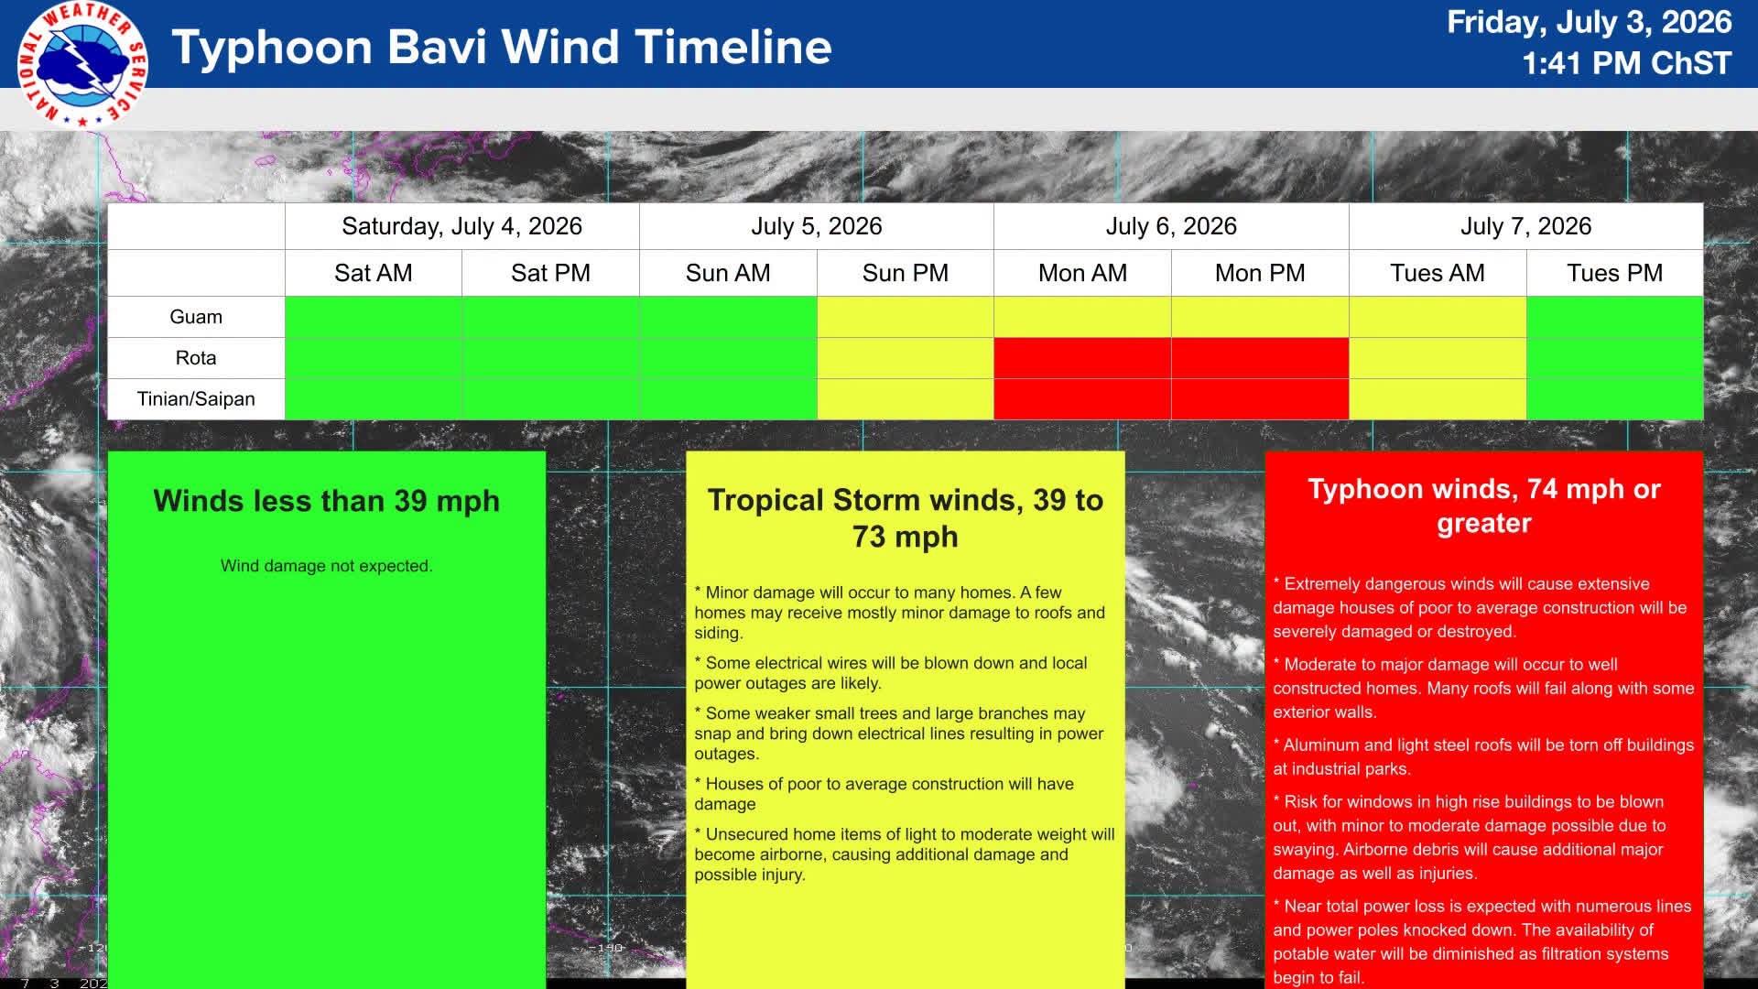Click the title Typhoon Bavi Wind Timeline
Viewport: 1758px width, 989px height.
pos(502,47)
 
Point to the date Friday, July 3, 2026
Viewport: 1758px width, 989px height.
pos(1589,22)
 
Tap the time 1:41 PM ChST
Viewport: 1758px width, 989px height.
pos(1627,63)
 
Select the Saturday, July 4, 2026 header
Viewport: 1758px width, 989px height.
pos(461,226)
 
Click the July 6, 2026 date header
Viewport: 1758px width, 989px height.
pos(1171,226)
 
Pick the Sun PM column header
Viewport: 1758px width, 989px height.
pos(905,273)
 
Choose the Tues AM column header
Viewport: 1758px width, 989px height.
pos(1437,273)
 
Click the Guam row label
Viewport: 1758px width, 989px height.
pos(196,317)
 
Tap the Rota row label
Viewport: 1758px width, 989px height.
pos(196,358)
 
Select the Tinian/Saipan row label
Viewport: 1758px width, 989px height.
pos(196,399)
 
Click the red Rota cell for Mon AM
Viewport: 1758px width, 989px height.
pos(1082,358)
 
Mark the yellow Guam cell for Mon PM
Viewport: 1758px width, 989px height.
pos(1260,317)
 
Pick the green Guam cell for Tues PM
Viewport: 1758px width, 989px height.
pos(1615,317)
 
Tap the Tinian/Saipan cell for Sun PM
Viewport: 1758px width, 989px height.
pos(905,399)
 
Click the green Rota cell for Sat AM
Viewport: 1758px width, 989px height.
pos(374,358)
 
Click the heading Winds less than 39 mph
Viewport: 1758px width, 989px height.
pos(327,501)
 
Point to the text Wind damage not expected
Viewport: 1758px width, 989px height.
pos(327,566)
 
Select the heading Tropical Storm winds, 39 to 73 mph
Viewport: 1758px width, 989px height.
pos(906,518)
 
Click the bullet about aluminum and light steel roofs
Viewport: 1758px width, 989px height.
pos(1483,757)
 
